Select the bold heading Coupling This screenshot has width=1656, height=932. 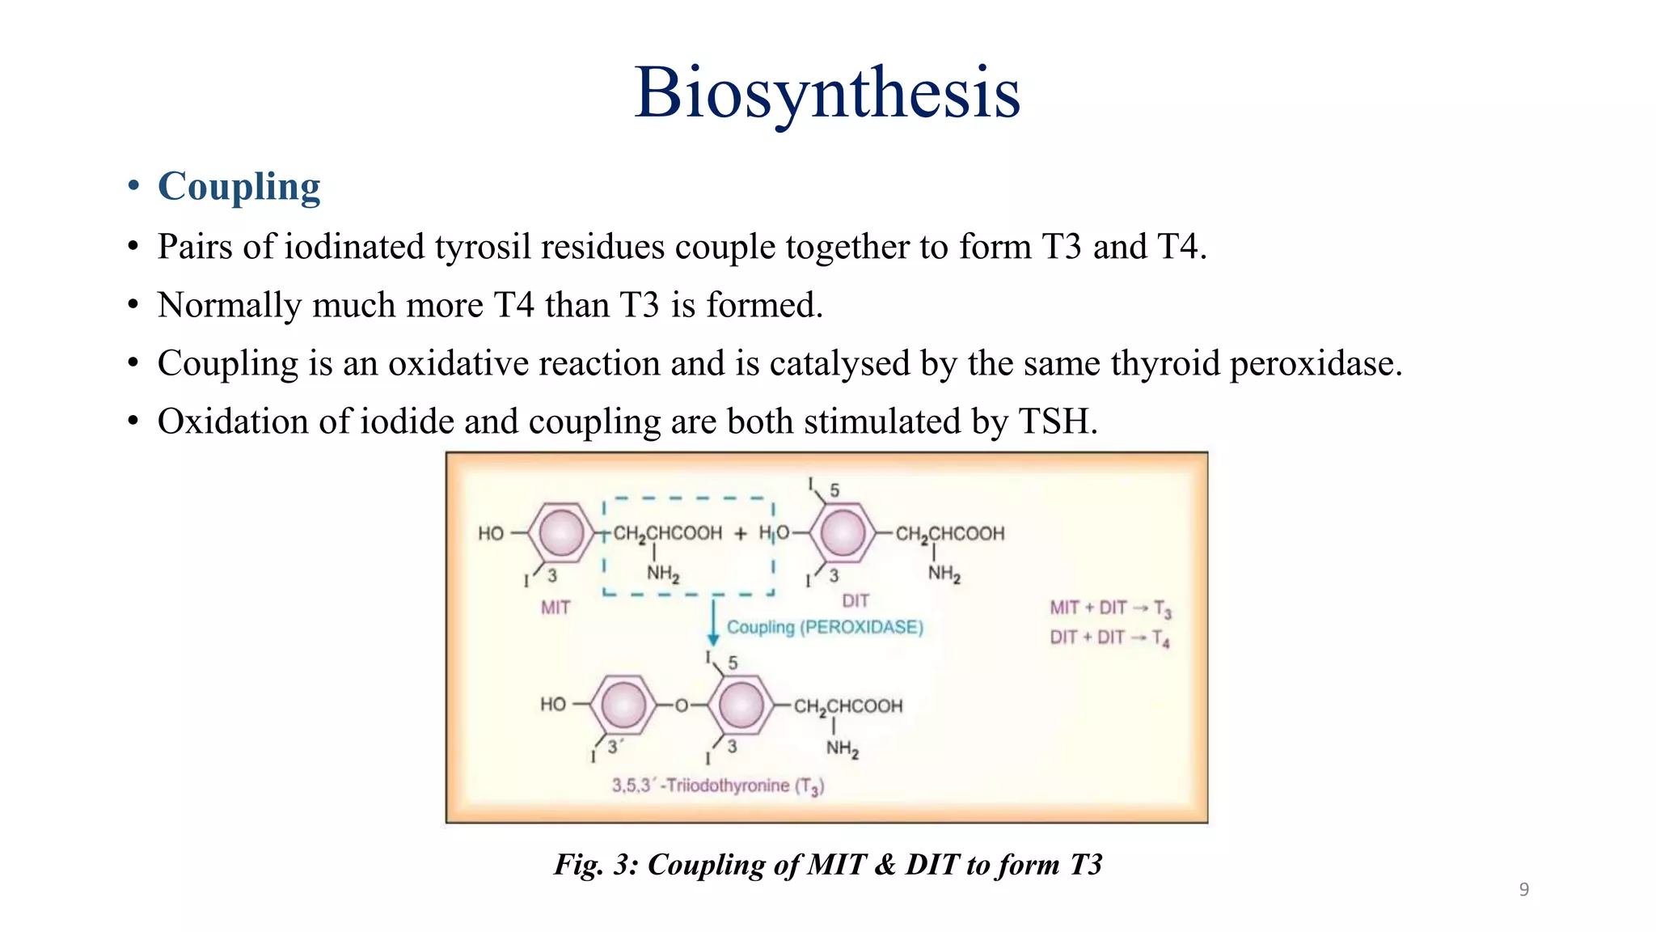pyautogui.click(x=239, y=187)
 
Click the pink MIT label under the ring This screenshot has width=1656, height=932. pyautogui.click(x=556, y=608)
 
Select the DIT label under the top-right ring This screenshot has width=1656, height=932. pyautogui.click(x=855, y=601)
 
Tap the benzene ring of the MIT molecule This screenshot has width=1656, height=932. pyautogui.click(x=561, y=533)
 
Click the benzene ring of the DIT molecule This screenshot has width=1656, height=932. pyautogui.click(x=843, y=533)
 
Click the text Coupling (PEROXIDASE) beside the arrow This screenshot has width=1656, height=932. pyautogui.click(x=825, y=627)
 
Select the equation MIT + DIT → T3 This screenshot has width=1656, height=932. pyautogui.click(x=1110, y=608)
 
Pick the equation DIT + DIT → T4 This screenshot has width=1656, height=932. pyautogui.click(x=1109, y=638)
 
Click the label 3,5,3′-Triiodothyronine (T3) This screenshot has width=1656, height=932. pyautogui.click(x=717, y=786)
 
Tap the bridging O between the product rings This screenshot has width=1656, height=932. pyautogui.click(x=681, y=705)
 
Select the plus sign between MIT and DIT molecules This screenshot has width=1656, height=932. pyautogui.click(x=741, y=534)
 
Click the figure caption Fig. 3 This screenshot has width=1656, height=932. pyautogui.click(x=827, y=865)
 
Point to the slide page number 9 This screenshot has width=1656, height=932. pyautogui.click(x=1523, y=890)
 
